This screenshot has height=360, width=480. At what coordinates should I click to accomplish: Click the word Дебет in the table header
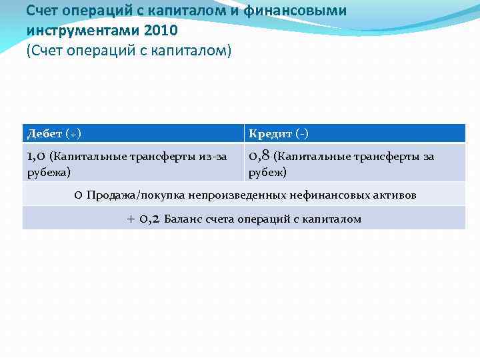tap(45, 133)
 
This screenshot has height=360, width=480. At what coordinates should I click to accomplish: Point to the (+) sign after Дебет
tap(73, 133)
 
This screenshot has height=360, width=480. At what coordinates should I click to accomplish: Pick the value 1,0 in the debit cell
tap(36, 157)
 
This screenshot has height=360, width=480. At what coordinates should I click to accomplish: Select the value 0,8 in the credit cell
tap(259, 157)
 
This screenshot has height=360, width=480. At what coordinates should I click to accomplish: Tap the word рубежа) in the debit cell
tap(48, 172)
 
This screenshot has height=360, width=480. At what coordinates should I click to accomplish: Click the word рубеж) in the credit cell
tap(267, 172)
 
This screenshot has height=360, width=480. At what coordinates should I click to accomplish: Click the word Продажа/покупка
tap(135, 195)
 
